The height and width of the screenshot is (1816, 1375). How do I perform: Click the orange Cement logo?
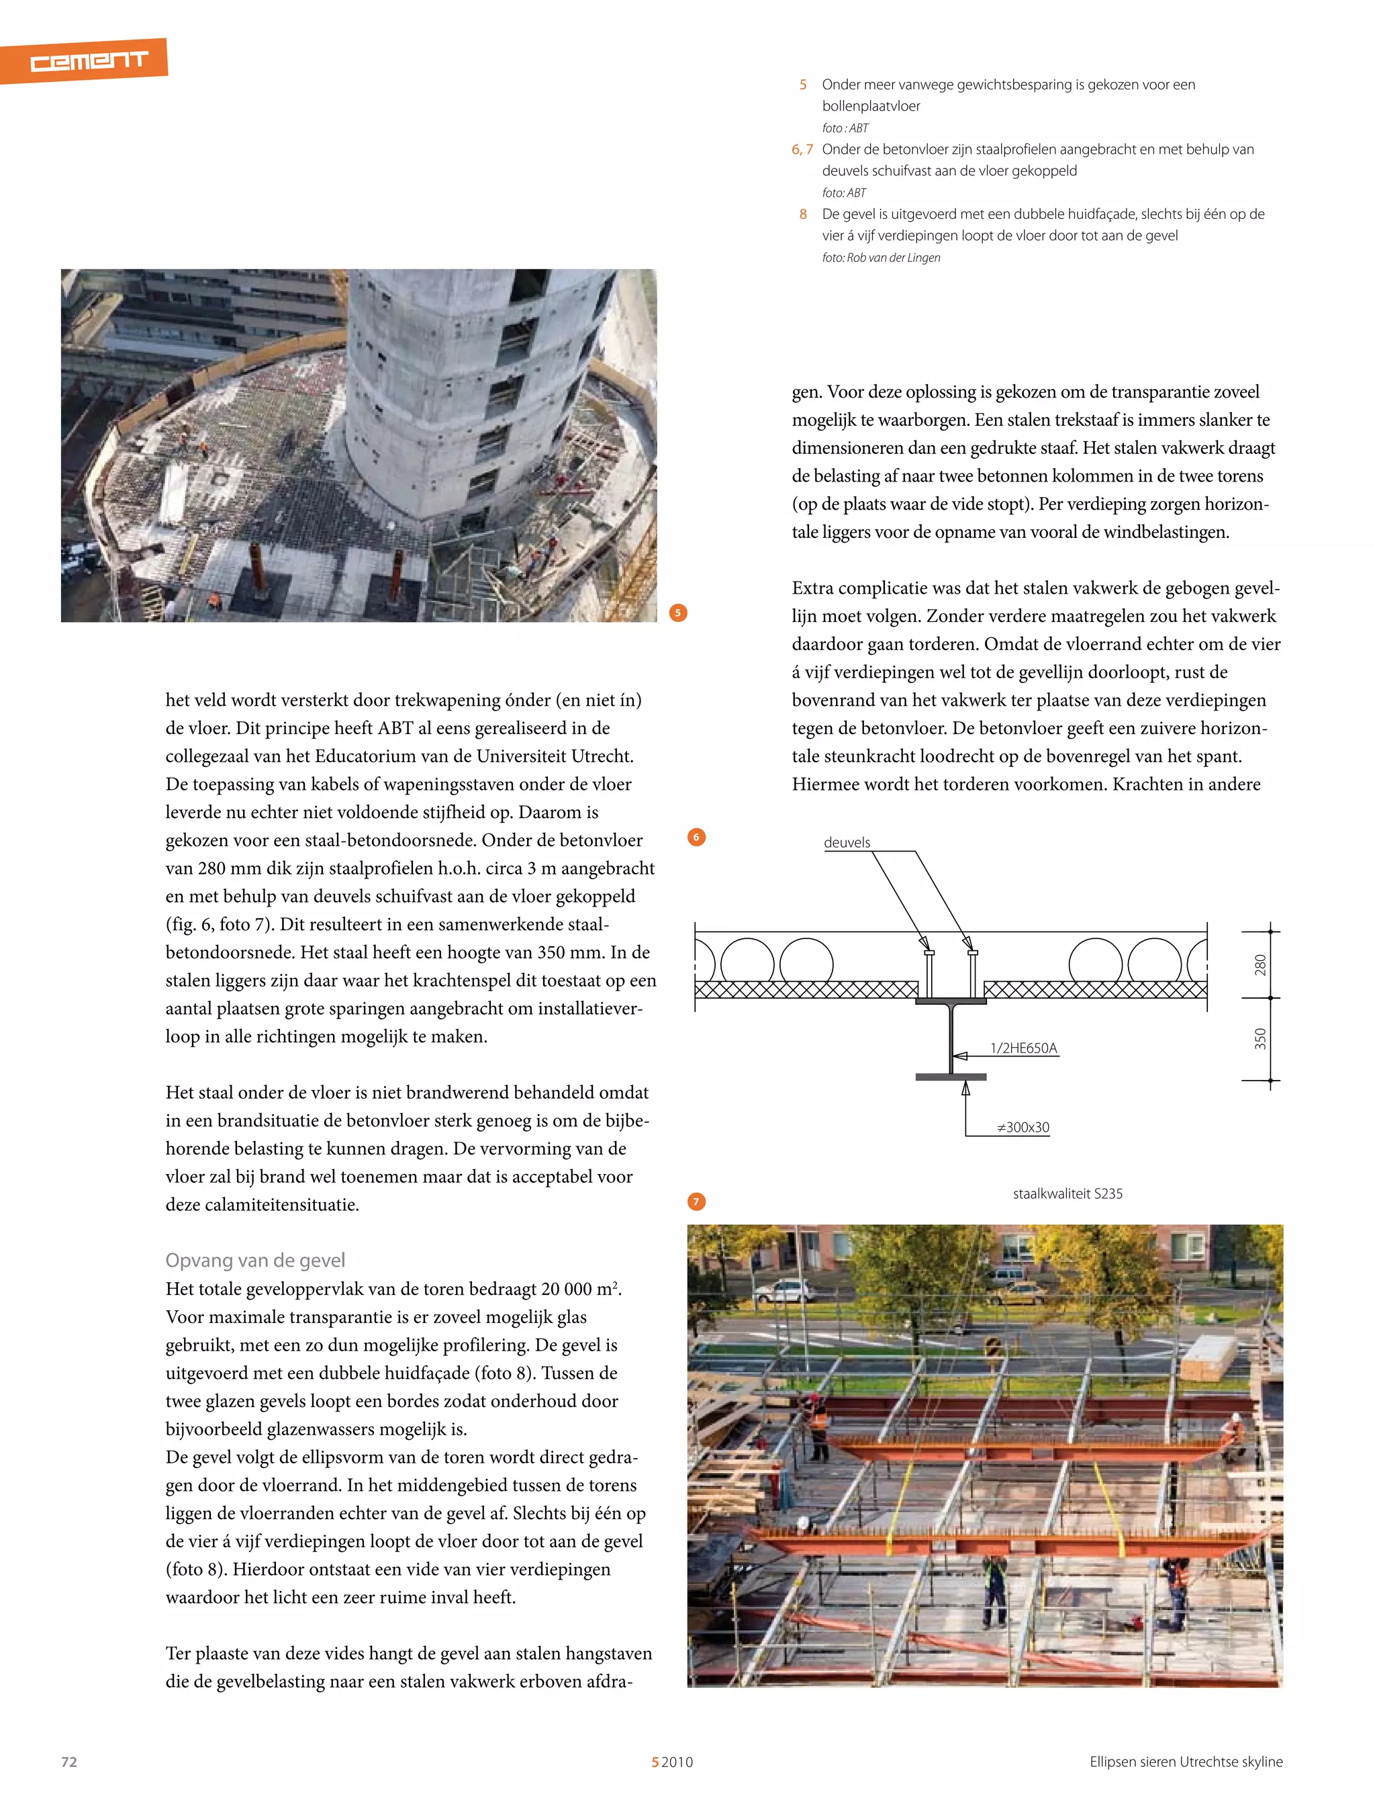[x=86, y=60]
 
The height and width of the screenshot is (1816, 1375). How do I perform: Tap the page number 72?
[x=69, y=1761]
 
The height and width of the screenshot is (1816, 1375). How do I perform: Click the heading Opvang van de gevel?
[x=255, y=1259]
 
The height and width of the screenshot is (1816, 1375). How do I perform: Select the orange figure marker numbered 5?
[x=678, y=612]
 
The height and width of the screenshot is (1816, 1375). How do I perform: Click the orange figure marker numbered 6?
[x=696, y=837]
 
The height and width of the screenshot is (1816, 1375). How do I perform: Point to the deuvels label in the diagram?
[x=847, y=842]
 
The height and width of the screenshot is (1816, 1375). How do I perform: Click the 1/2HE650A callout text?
[x=1024, y=1048]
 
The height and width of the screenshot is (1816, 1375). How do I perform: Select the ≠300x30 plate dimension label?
[x=1023, y=1127]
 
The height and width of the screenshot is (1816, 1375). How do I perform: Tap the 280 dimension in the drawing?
[x=1260, y=964]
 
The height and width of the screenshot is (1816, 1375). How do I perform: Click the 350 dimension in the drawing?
[x=1260, y=1038]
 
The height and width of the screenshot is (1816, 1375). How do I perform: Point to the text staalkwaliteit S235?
[x=1067, y=1193]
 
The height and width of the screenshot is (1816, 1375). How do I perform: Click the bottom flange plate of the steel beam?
[x=951, y=1077]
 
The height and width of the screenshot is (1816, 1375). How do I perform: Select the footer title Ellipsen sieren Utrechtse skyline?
[x=1186, y=1761]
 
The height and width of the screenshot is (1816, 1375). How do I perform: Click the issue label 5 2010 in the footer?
[x=672, y=1762]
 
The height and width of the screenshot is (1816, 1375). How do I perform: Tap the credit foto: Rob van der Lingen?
[x=881, y=258]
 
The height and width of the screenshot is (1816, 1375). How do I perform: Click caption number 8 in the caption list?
[x=803, y=214]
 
